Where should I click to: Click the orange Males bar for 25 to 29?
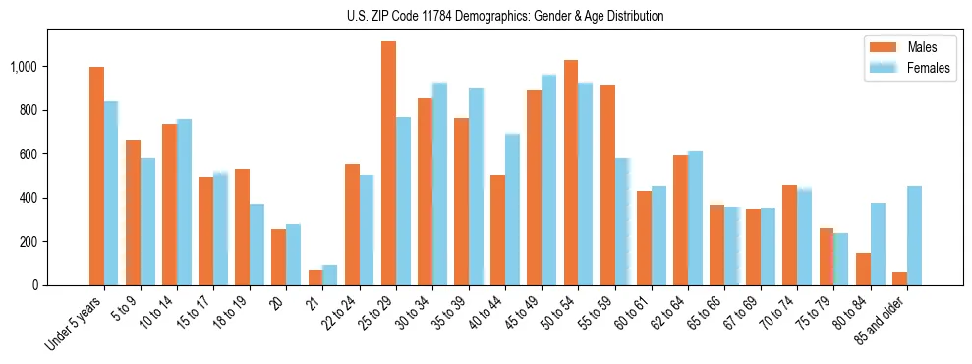pyautogui.click(x=388, y=163)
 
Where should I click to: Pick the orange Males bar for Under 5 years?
pyautogui.click(x=96, y=176)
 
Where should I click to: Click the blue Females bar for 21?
pyautogui.click(x=330, y=274)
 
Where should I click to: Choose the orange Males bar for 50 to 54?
pyautogui.click(x=570, y=172)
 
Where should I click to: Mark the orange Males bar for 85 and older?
pyautogui.click(x=899, y=278)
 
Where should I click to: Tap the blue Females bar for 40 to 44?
pyautogui.click(x=512, y=210)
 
